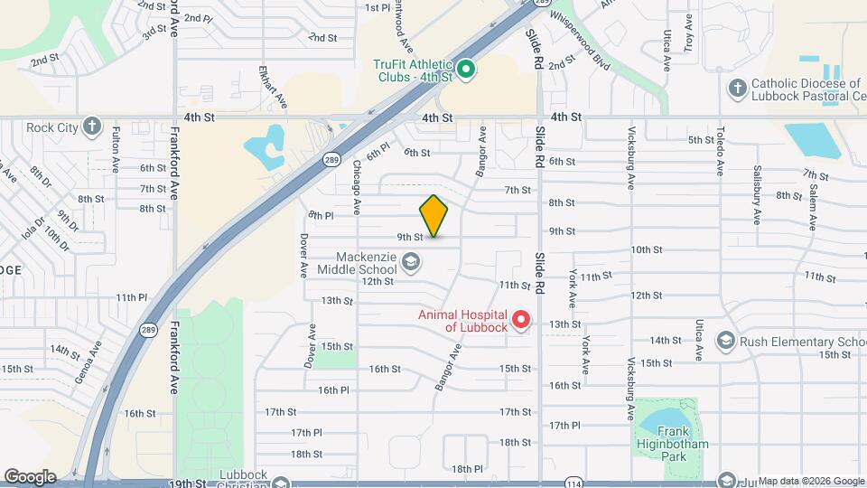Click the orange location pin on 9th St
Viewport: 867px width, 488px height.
[x=434, y=216]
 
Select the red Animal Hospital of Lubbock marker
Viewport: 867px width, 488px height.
[x=520, y=320]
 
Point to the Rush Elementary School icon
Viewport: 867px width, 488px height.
[x=725, y=341]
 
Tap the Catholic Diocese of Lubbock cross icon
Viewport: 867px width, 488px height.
[x=737, y=89]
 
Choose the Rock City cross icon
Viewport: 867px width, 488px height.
[x=91, y=127]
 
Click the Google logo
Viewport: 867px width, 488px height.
[x=30, y=477]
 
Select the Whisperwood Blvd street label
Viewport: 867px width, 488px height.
[x=578, y=51]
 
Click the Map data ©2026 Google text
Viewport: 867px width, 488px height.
[x=810, y=481]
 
